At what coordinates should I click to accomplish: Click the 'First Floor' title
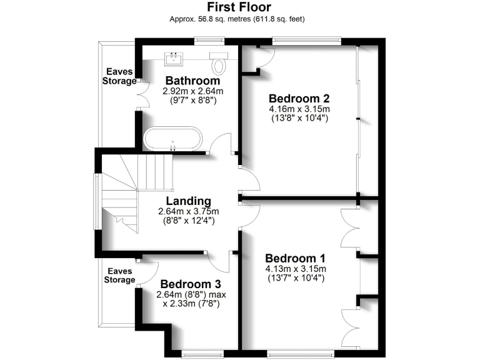coord(239,7)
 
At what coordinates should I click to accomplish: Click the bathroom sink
coord(172,59)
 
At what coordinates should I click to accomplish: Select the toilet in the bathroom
coord(219,64)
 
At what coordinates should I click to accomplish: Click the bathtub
coord(173,139)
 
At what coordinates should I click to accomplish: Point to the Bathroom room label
coord(192,81)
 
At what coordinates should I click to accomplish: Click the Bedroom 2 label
coord(299,98)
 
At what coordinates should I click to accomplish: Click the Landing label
coord(188,201)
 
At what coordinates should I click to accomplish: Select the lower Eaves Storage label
coord(120,276)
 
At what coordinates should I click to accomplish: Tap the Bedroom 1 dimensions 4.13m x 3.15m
coord(296,269)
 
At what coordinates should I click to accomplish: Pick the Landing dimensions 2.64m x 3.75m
coord(188,211)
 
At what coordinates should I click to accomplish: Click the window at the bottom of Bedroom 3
coord(201,356)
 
